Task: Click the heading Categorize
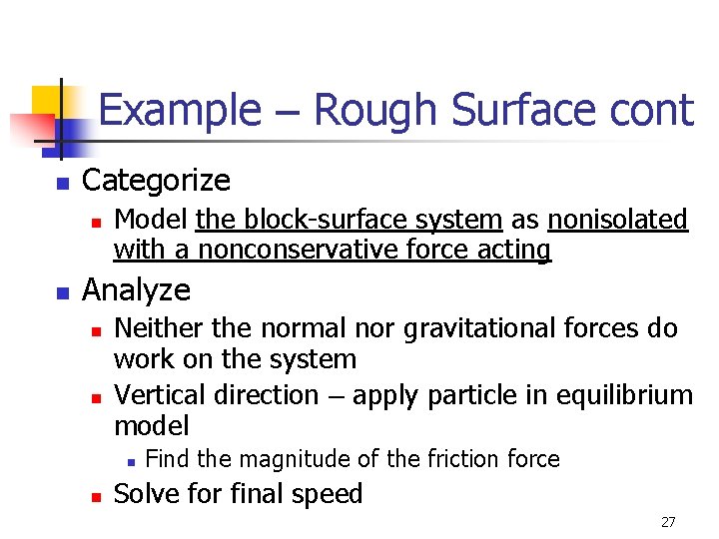156,181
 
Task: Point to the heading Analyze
136,289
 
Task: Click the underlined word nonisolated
618,219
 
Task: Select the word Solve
145,494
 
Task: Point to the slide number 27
668,522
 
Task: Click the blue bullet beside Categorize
61,184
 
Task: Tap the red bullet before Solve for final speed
95,496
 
